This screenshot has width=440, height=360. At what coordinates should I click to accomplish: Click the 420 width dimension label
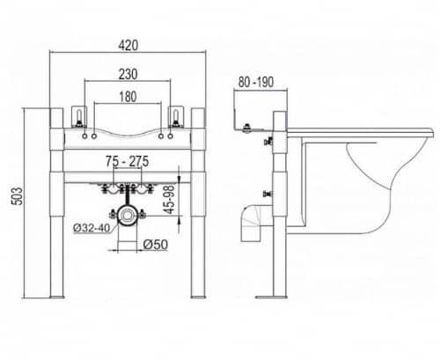128,46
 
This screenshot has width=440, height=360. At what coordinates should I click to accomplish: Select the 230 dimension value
128,74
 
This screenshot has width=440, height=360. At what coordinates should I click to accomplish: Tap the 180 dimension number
128,97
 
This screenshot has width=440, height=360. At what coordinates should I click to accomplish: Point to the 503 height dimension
18,196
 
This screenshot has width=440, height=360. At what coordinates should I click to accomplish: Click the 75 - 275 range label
128,161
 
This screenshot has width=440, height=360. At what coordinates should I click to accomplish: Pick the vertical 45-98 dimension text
170,199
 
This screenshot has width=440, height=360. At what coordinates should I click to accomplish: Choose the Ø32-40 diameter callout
92,228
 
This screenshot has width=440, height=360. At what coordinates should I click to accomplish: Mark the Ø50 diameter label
156,245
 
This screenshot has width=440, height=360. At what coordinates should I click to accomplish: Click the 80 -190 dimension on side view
256,82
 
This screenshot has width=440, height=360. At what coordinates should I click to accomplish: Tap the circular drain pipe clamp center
127,216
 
